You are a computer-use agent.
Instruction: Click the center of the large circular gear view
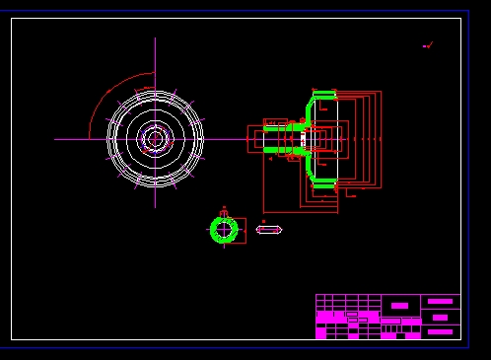click(155, 138)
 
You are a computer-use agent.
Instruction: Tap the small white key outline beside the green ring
click(268, 230)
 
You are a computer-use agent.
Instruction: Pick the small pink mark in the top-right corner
click(427, 45)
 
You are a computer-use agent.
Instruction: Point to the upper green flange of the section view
click(323, 96)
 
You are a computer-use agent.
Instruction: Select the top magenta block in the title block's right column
click(440, 301)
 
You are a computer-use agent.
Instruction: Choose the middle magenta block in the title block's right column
click(440, 318)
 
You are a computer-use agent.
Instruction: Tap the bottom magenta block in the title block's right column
click(440, 332)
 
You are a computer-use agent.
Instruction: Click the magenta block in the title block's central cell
click(398, 305)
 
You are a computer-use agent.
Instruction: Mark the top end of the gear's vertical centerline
click(155, 39)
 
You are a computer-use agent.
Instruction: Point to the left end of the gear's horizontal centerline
click(56, 138)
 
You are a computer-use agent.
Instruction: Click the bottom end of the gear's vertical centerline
click(155, 206)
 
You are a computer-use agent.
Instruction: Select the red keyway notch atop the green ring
click(224, 212)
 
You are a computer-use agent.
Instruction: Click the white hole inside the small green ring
click(224, 230)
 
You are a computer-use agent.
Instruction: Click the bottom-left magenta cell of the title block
click(320, 334)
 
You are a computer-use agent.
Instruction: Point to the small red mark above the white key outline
click(263, 221)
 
